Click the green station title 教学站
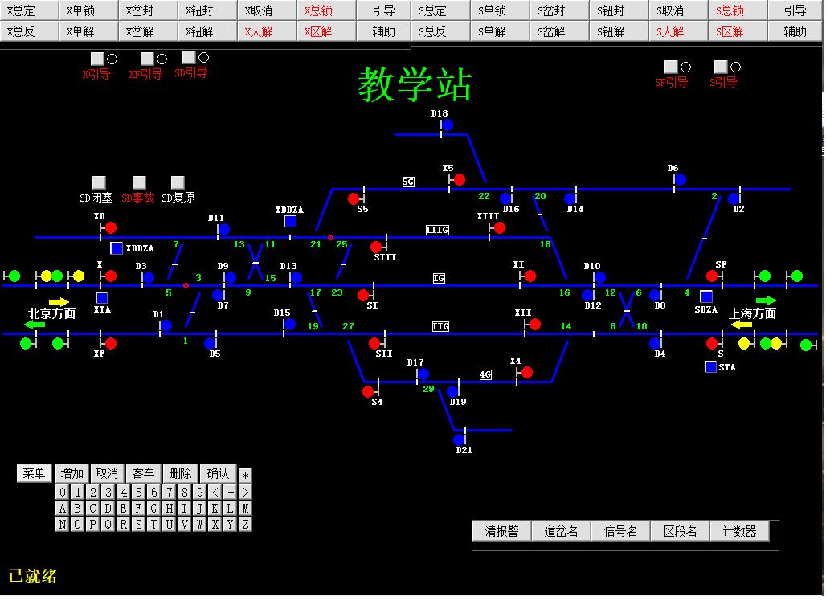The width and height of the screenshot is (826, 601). [415, 84]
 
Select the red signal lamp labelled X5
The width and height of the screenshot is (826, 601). [460, 180]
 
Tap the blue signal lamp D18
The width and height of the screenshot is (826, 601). [448, 125]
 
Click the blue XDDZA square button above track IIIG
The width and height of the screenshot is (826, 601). [290, 221]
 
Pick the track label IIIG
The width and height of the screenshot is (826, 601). [437, 230]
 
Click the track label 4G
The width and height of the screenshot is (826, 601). [485, 374]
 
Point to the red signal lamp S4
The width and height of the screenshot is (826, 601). [368, 392]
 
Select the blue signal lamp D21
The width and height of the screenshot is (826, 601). [459, 440]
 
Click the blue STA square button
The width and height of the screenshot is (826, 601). [710, 367]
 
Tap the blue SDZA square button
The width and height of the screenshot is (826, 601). [705, 296]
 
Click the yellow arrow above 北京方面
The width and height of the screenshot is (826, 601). [59, 302]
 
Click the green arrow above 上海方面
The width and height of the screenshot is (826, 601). [766, 300]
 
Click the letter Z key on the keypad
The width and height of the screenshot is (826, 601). [245, 525]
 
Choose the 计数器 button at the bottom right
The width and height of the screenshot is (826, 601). [739, 531]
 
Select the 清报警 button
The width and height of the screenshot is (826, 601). [502, 531]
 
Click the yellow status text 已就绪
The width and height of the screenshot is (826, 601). [33, 576]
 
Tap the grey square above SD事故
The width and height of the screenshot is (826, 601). [139, 182]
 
